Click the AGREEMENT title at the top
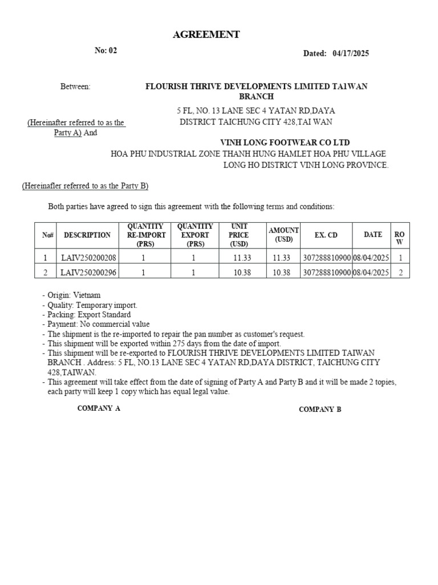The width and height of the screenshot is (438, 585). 206,35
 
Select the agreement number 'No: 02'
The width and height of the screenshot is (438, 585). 106,50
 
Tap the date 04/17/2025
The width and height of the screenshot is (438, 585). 350,54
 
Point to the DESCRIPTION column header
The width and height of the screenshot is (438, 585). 87,235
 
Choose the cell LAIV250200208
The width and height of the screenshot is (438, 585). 88,258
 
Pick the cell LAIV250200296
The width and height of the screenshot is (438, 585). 88,273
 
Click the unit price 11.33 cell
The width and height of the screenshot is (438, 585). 242,258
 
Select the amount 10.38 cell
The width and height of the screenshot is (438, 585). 282,273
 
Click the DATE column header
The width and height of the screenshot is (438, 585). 373,235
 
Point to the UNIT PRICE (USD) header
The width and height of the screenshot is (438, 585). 240,235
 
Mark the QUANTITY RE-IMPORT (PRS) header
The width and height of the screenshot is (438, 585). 147,235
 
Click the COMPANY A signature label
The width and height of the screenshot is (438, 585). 99,408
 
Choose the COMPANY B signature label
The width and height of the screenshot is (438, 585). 320,409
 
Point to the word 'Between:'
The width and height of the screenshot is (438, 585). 75,86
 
